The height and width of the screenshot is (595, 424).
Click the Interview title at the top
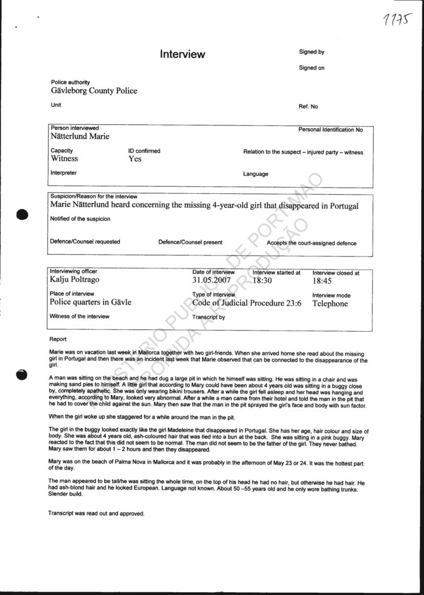182,54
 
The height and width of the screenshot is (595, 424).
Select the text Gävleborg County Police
94,90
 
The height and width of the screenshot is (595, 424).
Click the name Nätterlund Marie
80,136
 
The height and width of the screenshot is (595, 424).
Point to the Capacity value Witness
64,159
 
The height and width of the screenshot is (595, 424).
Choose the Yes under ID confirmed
135,159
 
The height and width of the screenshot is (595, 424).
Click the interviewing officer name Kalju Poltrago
78,280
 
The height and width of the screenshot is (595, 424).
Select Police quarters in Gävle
90,302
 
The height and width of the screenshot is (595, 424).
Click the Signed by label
311,52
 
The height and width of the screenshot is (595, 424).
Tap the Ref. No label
308,106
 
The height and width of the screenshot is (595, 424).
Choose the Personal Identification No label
330,130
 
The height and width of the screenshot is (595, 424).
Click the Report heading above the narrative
58,339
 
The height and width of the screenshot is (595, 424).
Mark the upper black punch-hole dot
23,215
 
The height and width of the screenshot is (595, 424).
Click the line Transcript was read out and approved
96,514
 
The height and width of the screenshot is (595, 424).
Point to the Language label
256,173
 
